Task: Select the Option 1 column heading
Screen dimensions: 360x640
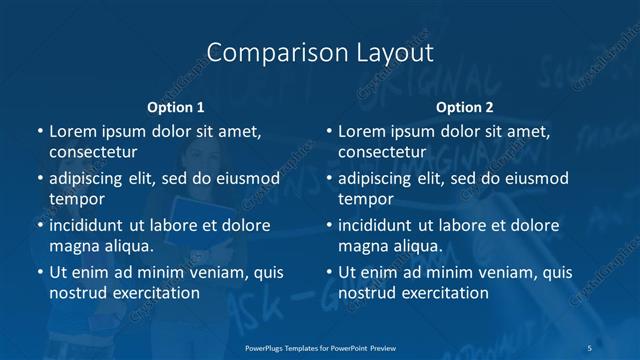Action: click(x=176, y=106)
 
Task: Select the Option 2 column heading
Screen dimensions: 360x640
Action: click(x=465, y=106)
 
